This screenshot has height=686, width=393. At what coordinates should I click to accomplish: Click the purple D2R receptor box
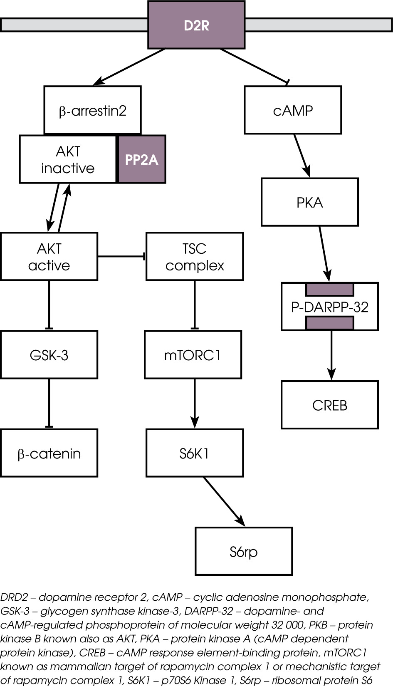[196, 25]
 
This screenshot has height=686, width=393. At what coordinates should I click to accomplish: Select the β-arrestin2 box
[92, 110]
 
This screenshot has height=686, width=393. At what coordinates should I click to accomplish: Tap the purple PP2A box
[142, 159]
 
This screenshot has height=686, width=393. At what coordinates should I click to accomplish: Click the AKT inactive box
[68, 159]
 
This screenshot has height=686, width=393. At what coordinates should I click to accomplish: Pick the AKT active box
[49, 257]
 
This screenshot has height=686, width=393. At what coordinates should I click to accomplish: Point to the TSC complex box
[195, 257]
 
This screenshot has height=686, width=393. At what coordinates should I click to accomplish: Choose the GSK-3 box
[49, 355]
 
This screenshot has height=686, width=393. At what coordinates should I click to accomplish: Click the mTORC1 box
[193, 355]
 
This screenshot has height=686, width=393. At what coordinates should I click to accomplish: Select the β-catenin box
[49, 453]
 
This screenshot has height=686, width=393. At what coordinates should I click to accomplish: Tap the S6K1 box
[195, 453]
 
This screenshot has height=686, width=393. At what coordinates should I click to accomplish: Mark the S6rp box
[244, 552]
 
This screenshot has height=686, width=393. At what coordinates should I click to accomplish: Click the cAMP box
[293, 110]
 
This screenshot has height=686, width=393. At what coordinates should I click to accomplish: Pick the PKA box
[310, 202]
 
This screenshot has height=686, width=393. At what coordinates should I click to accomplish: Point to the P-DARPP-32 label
[330, 307]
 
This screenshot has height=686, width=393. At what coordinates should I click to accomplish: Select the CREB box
[330, 405]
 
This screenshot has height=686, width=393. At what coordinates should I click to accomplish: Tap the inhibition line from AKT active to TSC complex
[121, 256]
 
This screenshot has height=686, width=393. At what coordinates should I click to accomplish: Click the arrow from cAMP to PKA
[302, 155]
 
